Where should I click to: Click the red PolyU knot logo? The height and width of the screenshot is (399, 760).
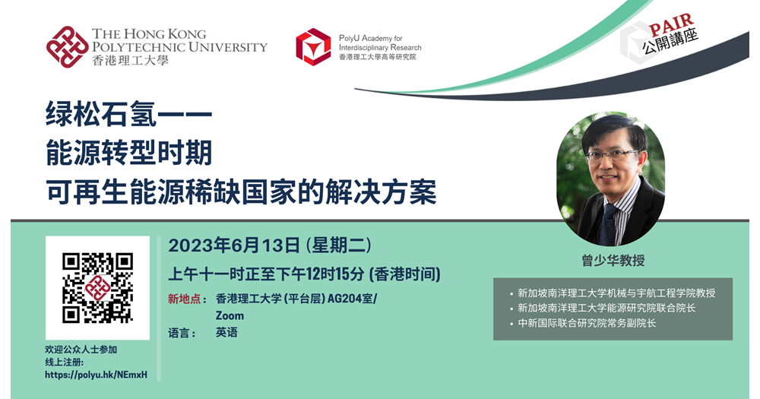[x=68, y=46]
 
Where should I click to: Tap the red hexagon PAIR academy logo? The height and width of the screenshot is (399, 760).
[x=313, y=46]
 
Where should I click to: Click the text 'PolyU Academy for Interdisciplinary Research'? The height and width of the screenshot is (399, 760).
[x=380, y=43]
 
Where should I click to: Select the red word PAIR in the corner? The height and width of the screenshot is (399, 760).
[x=672, y=25]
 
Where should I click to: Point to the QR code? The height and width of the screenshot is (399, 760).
[x=97, y=287]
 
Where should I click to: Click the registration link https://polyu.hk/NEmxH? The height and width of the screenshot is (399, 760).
[x=96, y=375]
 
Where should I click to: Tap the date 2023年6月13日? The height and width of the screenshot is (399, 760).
[x=234, y=245]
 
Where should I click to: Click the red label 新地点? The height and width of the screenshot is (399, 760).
[x=184, y=299]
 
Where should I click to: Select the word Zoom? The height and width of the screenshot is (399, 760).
[x=230, y=315]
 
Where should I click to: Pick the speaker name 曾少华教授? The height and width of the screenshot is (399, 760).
[x=613, y=261]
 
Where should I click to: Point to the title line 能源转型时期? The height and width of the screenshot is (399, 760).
[x=129, y=153]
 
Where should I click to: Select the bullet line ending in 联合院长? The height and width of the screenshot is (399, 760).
[x=606, y=308]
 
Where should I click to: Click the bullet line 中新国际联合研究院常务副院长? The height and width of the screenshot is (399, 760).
[x=587, y=323]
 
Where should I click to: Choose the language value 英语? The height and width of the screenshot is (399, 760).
[x=226, y=333]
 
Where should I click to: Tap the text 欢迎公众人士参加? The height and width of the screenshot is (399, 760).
[x=81, y=350]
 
